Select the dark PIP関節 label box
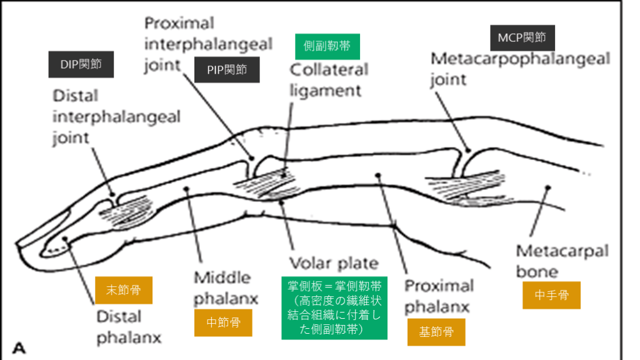[x=227, y=69]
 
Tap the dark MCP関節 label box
[x=522, y=37]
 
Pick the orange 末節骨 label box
[x=123, y=290]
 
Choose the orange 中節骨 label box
[x=223, y=323]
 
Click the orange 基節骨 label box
[x=436, y=332]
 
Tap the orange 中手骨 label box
[x=551, y=295]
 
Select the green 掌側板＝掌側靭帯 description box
[x=334, y=307]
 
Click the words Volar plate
[x=333, y=262]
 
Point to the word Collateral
[x=328, y=69]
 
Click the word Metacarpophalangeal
[x=520, y=59]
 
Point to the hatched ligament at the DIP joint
[x=127, y=209]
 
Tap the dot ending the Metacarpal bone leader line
[x=547, y=186]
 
